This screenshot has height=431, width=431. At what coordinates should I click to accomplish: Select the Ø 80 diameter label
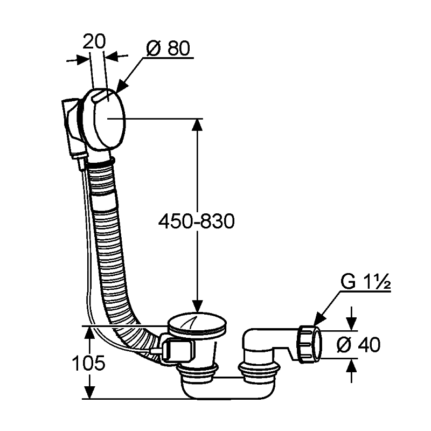[168, 49]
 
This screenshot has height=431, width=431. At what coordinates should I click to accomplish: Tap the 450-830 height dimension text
[197, 221]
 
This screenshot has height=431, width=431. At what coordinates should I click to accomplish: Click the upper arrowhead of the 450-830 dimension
[197, 125]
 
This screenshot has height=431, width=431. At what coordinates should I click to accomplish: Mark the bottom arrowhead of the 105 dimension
[88, 392]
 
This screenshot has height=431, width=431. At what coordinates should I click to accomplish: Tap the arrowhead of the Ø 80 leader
[120, 88]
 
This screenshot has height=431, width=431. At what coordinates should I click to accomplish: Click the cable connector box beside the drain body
[177, 350]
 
